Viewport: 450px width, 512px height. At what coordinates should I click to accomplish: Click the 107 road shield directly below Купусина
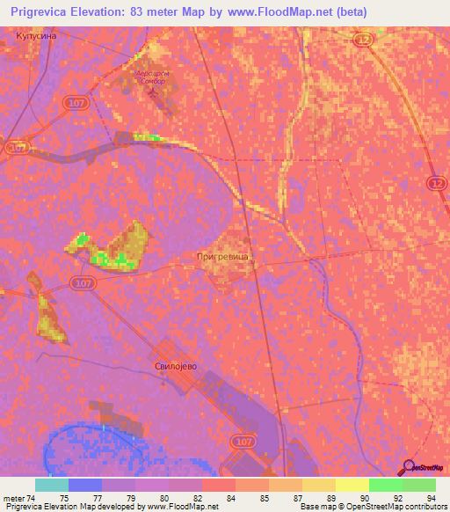click(x=74, y=105)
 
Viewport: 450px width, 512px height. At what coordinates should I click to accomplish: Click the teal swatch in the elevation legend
click(x=52, y=485)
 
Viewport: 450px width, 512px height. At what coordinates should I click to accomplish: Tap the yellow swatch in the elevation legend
click(x=352, y=485)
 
